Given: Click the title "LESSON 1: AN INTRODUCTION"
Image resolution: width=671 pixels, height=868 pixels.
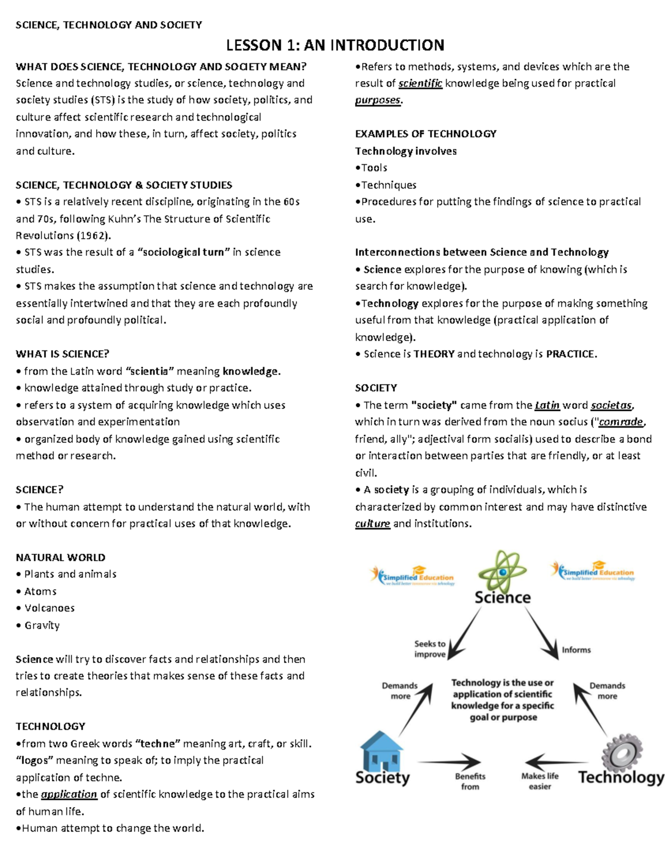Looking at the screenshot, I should click(x=335, y=45).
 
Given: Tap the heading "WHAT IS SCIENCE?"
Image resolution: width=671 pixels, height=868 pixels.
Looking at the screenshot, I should click(x=63, y=354).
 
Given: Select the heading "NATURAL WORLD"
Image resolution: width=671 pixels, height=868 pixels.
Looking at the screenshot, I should click(x=60, y=557).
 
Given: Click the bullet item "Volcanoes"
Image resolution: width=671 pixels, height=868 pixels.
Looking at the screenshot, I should click(x=49, y=608).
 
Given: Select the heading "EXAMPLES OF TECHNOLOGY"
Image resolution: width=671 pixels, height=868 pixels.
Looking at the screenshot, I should click(x=426, y=134).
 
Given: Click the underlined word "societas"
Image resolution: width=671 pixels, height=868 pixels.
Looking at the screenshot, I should click(x=611, y=405).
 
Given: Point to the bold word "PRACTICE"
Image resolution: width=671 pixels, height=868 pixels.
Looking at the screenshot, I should click(x=570, y=354).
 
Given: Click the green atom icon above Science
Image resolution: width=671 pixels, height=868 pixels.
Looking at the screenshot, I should click(x=502, y=571).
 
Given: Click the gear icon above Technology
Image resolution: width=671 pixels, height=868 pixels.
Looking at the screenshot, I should click(x=622, y=751).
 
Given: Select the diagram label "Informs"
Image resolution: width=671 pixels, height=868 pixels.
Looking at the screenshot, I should click(x=576, y=650).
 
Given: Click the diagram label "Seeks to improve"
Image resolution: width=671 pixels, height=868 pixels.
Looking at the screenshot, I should click(x=429, y=649).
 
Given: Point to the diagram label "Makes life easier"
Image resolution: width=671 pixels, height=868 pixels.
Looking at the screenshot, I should click(x=540, y=781).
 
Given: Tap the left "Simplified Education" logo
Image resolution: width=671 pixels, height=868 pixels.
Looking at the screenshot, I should click(x=413, y=575).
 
